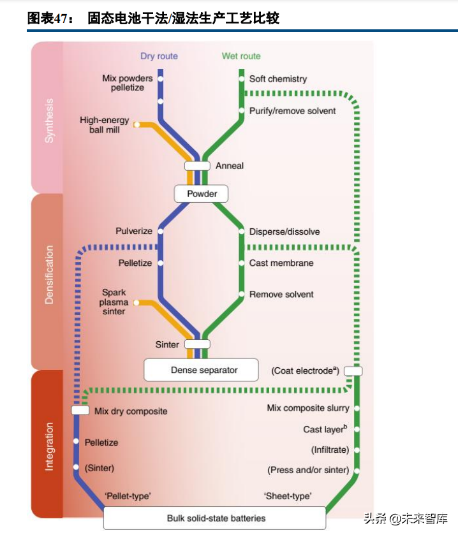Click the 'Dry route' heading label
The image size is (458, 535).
(x=159, y=56)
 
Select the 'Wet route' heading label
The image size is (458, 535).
(x=241, y=56)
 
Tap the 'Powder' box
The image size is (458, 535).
(x=202, y=194)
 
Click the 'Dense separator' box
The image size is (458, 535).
(x=202, y=370)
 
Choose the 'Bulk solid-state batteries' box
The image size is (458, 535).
(x=216, y=518)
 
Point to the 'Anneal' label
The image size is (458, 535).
(x=230, y=166)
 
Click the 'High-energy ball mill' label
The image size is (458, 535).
(x=104, y=125)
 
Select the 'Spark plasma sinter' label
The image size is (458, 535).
(x=114, y=302)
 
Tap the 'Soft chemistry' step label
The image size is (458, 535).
(x=277, y=79)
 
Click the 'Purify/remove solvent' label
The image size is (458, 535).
(x=292, y=111)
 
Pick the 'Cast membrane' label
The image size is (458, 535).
(x=281, y=263)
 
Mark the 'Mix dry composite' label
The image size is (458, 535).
(x=131, y=411)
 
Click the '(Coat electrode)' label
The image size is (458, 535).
(x=304, y=370)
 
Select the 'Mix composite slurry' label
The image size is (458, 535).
(x=307, y=408)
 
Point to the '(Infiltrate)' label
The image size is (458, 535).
(x=330, y=450)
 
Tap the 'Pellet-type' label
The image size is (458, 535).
(x=127, y=495)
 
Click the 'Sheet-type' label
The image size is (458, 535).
(x=287, y=495)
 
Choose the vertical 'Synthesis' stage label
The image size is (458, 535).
(x=49, y=119)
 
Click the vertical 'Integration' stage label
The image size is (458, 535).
(x=49, y=446)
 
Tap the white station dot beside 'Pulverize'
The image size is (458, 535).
(x=160, y=231)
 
